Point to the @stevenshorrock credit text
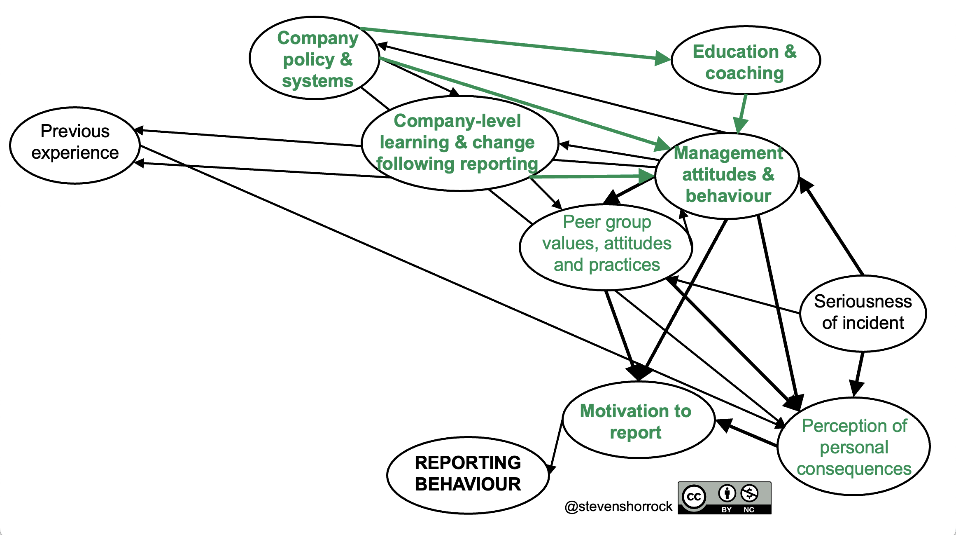click(x=618, y=506)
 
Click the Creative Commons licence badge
click(x=724, y=498)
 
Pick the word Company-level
click(x=457, y=121)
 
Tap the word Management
click(x=728, y=153)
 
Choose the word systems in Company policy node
click(x=317, y=81)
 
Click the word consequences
click(x=854, y=469)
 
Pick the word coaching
click(x=744, y=73)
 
